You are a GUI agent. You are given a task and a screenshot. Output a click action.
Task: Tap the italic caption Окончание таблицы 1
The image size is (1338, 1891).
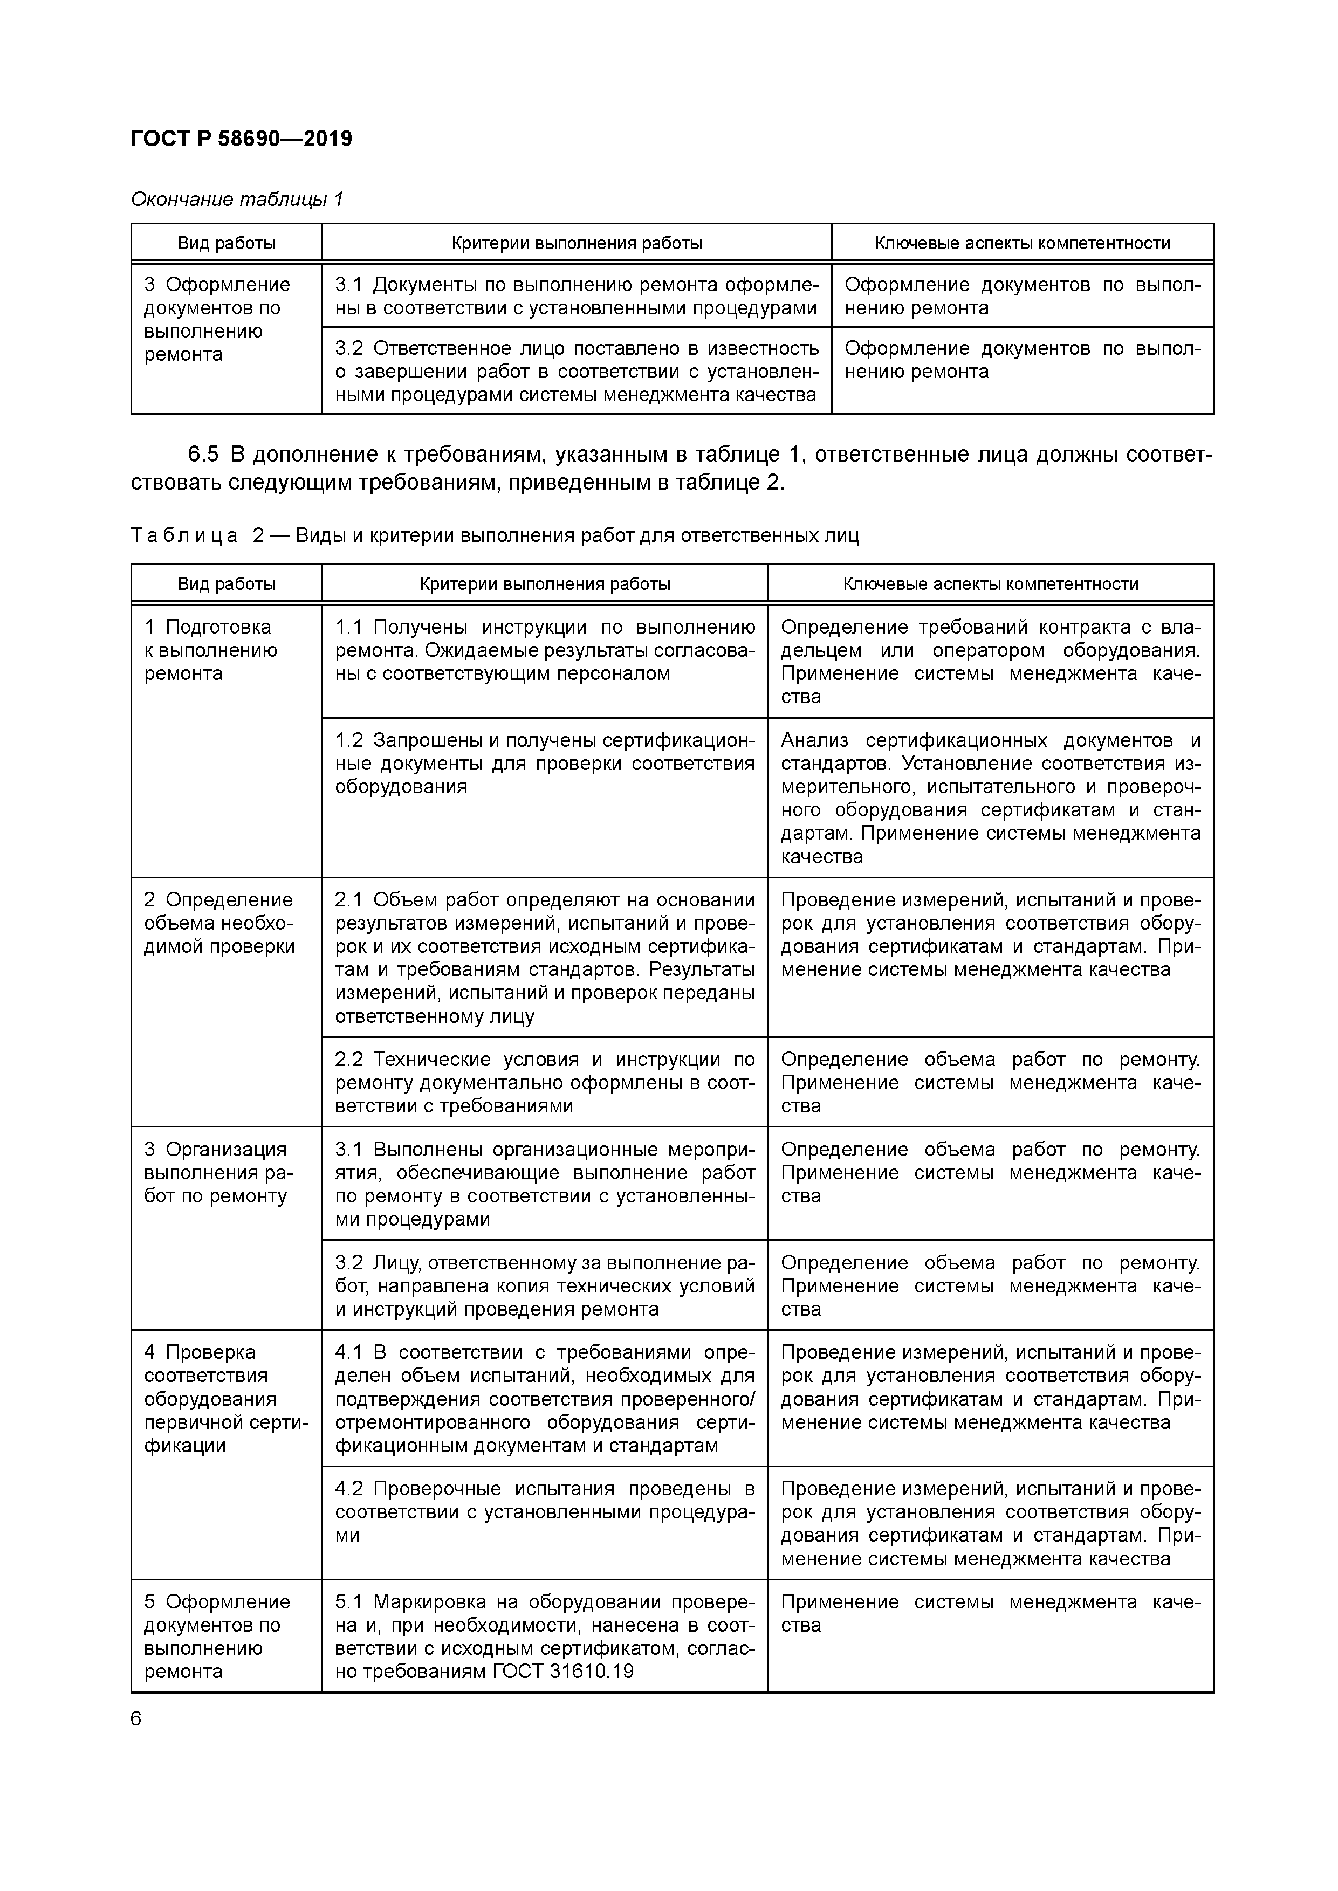coord(236,200)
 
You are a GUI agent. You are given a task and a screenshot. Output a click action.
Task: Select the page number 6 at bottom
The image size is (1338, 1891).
coord(136,1719)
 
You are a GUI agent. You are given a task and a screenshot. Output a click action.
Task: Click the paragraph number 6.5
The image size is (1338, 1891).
coord(203,455)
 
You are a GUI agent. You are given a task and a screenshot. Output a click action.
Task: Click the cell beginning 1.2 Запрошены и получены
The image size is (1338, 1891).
coord(545,764)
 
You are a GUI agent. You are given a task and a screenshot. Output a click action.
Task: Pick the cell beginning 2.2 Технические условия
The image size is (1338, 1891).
coord(545,1082)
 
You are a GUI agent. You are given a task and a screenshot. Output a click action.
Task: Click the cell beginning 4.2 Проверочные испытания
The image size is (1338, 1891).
coord(545,1511)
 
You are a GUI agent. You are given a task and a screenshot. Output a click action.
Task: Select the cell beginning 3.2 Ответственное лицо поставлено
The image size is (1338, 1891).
coord(576,372)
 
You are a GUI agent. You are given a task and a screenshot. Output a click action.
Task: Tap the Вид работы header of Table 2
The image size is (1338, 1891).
coord(227,584)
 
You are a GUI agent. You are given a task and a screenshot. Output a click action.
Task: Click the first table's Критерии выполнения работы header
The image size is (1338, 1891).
coord(576,243)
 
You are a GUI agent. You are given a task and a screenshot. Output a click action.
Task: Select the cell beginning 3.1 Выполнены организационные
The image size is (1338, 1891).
coord(545,1184)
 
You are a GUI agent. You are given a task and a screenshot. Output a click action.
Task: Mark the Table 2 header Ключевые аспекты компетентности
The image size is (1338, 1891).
coord(990,584)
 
